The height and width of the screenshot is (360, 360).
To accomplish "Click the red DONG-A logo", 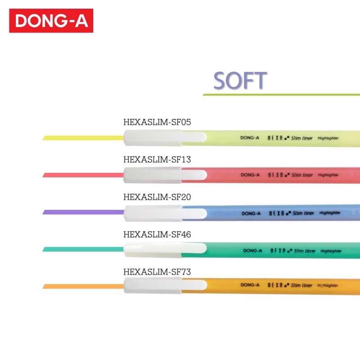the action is tap(51, 21).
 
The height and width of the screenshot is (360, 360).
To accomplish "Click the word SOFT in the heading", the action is tap(240, 80).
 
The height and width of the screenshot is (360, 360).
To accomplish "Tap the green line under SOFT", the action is tap(281, 94).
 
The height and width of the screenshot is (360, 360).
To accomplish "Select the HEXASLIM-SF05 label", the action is tap(157, 122).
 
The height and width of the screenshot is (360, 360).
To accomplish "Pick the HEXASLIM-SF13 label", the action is tap(157, 160).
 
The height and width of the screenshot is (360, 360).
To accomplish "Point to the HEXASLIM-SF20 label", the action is tap(157, 197).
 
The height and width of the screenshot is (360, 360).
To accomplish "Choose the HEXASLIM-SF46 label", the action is tap(157, 234).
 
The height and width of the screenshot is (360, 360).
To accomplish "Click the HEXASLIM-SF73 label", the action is tap(157, 272).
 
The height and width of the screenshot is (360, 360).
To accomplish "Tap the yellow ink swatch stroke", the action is tap(83, 138).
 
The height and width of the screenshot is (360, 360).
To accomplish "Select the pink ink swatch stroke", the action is tap(83, 175).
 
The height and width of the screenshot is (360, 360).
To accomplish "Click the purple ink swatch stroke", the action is tap(83, 212).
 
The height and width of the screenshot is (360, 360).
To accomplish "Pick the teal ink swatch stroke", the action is tap(83, 249).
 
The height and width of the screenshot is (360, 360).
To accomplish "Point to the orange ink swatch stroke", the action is tap(83, 286).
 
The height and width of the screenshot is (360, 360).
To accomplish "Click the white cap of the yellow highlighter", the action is tap(165, 138).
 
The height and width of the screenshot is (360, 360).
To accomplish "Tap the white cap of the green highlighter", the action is tap(165, 249).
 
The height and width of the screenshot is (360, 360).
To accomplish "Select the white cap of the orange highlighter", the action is tap(165, 286).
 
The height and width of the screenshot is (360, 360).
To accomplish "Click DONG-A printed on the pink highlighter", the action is tap(250, 175).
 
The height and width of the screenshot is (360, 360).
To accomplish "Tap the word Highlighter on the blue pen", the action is tap(330, 213).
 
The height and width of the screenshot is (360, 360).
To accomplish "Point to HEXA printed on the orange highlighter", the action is tap(275, 285).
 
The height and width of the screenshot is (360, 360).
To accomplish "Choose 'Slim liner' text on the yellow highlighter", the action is tap(301, 138).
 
